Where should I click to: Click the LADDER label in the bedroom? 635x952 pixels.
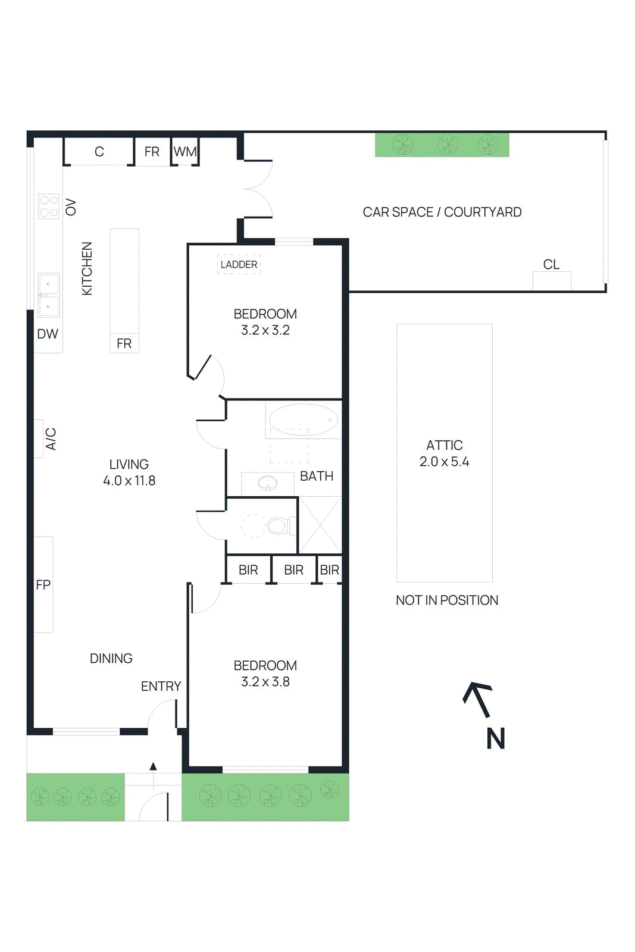click(x=239, y=264)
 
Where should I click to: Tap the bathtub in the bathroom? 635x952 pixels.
click(x=303, y=419)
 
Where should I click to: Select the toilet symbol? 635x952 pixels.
click(x=277, y=525)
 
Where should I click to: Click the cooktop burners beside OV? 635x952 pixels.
click(x=49, y=206)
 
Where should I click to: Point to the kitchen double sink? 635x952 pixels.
click(x=49, y=295)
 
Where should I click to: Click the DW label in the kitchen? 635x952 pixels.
click(x=48, y=334)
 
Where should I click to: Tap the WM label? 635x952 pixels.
click(x=185, y=152)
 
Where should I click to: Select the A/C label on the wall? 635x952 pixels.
click(x=51, y=439)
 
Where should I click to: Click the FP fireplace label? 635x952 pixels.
click(x=43, y=585)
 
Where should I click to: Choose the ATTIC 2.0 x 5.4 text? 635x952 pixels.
click(x=444, y=453)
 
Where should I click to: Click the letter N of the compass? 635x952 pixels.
click(x=495, y=739)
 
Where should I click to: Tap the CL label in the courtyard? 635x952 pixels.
click(x=551, y=264)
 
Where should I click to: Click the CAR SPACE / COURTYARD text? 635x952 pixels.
click(x=442, y=212)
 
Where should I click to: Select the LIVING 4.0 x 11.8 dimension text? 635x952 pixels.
click(x=129, y=472)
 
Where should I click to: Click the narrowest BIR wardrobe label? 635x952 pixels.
click(x=329, y=570)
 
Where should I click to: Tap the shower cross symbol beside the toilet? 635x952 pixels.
click(x=320, y=525)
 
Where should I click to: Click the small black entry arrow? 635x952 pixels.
click(x=153, y=766)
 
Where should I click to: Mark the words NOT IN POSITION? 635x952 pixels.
click(x=447, y=600)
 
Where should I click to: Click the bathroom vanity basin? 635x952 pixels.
click(x=268, y=483)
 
